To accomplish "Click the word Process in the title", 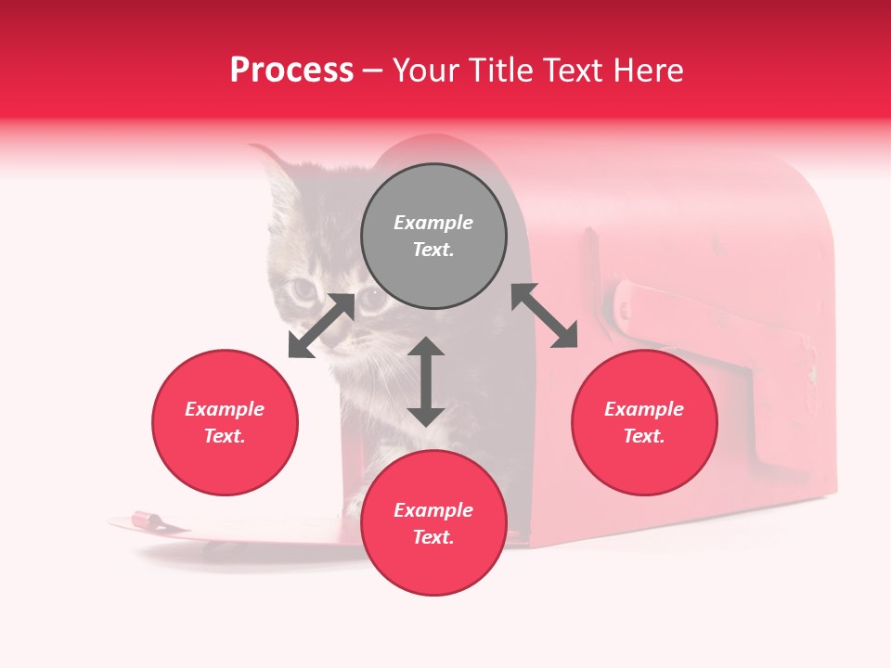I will point(291,71).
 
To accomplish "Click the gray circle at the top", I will point(433,237).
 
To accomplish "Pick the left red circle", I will point(225,422).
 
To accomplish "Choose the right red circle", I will point(644,422).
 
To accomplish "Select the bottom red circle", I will point(433,522).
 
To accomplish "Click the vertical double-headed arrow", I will point(426,381).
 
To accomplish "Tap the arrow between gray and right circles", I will point(545,315).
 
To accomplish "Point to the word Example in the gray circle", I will point(433,223).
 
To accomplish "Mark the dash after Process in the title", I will point(373,71).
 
